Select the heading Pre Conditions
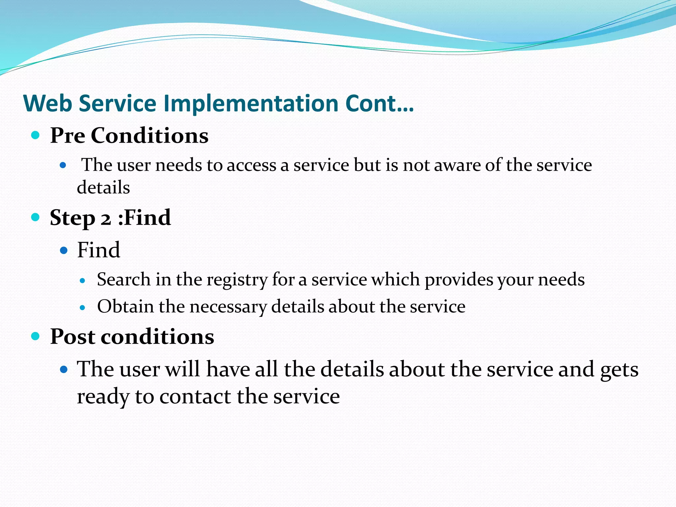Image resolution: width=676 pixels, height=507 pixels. [x=129, y=136]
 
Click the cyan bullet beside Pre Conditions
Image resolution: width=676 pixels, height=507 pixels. [x=35, y=135]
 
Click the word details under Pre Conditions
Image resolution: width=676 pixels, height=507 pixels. [x=103, y=187]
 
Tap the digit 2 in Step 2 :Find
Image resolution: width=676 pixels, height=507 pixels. [x=106, y=219]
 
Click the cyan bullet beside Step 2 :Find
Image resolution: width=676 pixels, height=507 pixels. [x=35, y=217]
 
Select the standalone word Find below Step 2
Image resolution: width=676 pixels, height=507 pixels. [x=98, y=250]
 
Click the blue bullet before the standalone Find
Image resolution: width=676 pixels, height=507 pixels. [x=64, y=250]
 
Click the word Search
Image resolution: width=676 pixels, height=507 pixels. [x=124, y=280]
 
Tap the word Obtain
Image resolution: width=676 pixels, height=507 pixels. [x=125, y=307]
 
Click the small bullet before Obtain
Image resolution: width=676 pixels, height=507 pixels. [x=83, y=308]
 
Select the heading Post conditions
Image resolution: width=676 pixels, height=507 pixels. [x=132, y=337]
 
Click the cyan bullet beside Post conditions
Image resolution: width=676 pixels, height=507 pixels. [x=35, y=336]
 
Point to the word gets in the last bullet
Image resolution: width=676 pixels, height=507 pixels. [x=619, y=370]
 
